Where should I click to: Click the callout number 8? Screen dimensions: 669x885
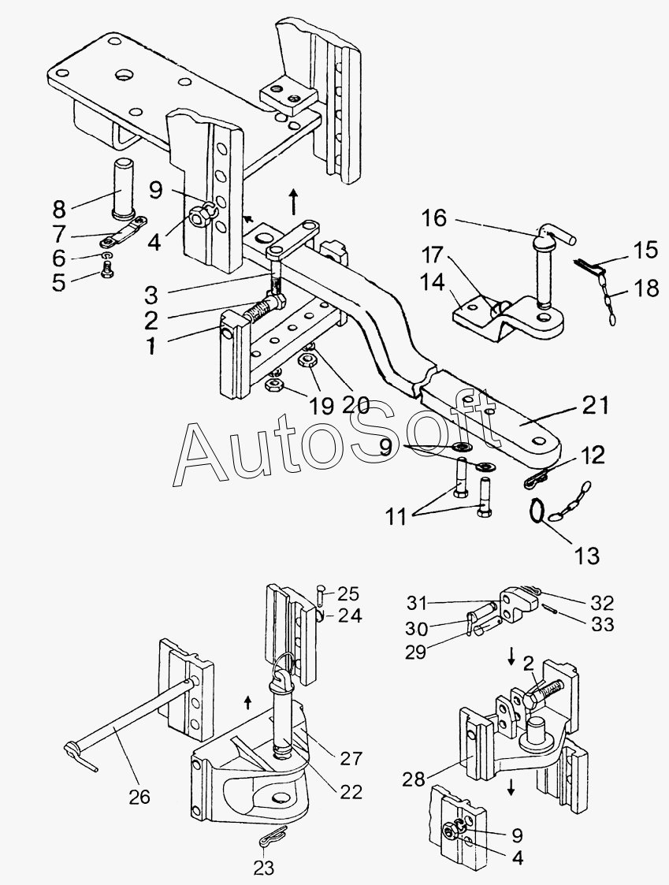pyautogui.click(x=59, y=209)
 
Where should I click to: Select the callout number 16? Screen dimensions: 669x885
pyautogui.click(x=434, y=218)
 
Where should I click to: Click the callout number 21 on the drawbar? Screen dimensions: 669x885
pyautogui.click(x=595, y=405)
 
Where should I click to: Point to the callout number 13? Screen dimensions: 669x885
pyautogui.click(x=586, y=556)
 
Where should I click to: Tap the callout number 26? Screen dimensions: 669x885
pyautogui.click(x=139, y=797)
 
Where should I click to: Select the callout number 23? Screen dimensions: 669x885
pyautogui.click(x=264, y=867)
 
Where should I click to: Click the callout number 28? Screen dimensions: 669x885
pyautogui.click(x=413, y=780)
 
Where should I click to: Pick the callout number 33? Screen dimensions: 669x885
pyautogui.click(x=602, y=625)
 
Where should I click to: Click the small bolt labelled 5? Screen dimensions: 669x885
pyautogui.click(x=106, y=271)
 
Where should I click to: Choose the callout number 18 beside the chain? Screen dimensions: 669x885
pyautogui.click(x=646, y=288)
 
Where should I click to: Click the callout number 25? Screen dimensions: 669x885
pyautogui.click(x=348, y=593)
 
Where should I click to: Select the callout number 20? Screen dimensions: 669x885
pyautogui.click(x=355, y=405)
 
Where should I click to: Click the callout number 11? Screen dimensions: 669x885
pyautogui.click(x=396, y=517)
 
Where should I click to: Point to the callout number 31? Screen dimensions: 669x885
pyautogui.click(x=418, y=604)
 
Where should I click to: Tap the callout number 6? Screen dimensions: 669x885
pyautogui.click(x=59, y=258)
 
